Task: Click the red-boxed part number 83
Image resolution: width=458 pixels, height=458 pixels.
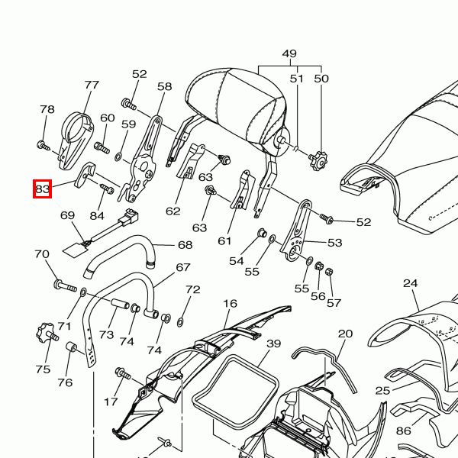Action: click(42, 189)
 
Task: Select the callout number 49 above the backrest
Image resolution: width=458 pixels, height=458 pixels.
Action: click(289, 54)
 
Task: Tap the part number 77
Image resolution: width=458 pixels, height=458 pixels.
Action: click(92, 85)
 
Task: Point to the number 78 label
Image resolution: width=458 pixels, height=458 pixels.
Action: click(47, 110)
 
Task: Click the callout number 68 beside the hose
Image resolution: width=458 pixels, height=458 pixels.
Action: click(185, 245)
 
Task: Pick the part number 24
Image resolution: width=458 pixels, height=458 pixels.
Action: click(411, 283)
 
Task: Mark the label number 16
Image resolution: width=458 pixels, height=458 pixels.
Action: click(231, 304)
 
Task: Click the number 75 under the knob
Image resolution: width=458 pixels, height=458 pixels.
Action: click(43, 369)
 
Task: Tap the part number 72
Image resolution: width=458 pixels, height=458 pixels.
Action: click(192, 290)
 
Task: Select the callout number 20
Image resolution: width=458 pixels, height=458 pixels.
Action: click(346, 334)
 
